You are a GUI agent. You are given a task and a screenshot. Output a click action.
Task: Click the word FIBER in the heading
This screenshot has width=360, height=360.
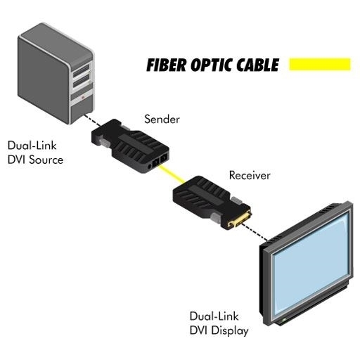pyautogui.click(x=167, y=65)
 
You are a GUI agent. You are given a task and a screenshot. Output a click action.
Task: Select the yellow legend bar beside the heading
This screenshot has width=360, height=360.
pyautogui.click(x=320, y=64)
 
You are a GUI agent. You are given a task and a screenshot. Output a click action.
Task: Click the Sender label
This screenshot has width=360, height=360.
pyautogui.click(x=162, y=119)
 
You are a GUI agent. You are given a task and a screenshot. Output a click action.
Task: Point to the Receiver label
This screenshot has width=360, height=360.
pyautogui.click(x=250, y=175)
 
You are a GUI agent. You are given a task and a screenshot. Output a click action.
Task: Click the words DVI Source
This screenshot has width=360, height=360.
pyautogui.click(x=35, y=160)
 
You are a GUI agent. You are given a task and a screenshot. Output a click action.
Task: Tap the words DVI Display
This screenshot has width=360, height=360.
pyautogui.click(x=219, y=330)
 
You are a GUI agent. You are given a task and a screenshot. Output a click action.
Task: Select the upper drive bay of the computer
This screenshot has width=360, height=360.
pyautogui.click(x=82, y=70)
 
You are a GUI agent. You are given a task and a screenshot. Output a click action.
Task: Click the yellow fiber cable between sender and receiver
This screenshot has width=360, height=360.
pyautogui.click(x=172, y=174)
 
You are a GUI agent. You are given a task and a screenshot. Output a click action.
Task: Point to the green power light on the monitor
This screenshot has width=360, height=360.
pyautogui.click(x=284, y=320)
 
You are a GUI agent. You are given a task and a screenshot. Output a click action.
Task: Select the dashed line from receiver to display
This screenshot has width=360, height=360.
pyautogui.click(x=255, y=232)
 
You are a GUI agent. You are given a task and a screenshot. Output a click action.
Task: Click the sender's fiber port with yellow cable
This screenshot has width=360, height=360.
pyautogui.click(x=155, y=162)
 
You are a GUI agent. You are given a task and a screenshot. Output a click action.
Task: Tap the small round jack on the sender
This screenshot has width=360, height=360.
pyautogui.click(x=149, y=167)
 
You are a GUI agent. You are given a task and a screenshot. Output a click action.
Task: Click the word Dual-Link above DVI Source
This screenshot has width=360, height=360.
pyautogui.click(x=32, y=146)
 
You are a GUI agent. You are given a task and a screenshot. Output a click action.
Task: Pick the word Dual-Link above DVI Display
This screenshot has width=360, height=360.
pyautogui.click(x=214, y=316)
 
